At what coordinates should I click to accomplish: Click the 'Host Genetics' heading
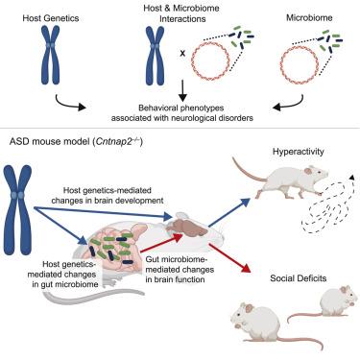tap(51, 18)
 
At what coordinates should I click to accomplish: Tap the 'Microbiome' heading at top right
tap(309, 17)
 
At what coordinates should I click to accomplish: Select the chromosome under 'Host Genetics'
tap(51, 55)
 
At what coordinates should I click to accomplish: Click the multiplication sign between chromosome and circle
tap(182, 54)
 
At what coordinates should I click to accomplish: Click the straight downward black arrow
tap(182, 90)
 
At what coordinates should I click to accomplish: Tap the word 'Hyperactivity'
tap(299, 151)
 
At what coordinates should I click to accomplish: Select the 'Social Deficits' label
tap(299, 278)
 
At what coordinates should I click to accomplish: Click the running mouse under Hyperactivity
tap(281, 180)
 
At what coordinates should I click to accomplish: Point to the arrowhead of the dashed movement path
tap(352, 178)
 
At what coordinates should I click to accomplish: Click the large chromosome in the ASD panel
tap(17, 209)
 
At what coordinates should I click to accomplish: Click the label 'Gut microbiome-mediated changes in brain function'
tap(180, 269)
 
